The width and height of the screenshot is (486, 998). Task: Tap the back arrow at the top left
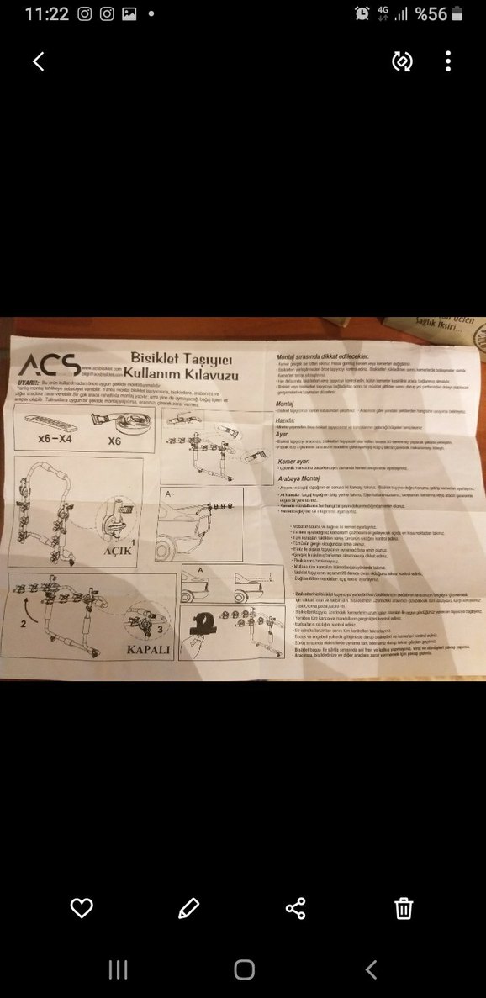point(38,61)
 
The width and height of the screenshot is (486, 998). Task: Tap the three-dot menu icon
point(448,61)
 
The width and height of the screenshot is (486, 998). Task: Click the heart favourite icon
point(82,908)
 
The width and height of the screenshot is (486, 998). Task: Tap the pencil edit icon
point(188,908)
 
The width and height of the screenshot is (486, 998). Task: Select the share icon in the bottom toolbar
point(296,908)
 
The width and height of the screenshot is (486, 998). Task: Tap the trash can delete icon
point(404,908)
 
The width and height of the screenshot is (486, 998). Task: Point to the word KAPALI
point(148,650)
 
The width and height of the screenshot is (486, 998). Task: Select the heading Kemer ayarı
point(296,462)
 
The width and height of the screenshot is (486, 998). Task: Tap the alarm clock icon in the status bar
point(362,14)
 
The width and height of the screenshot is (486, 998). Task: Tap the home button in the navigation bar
point(244,969)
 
